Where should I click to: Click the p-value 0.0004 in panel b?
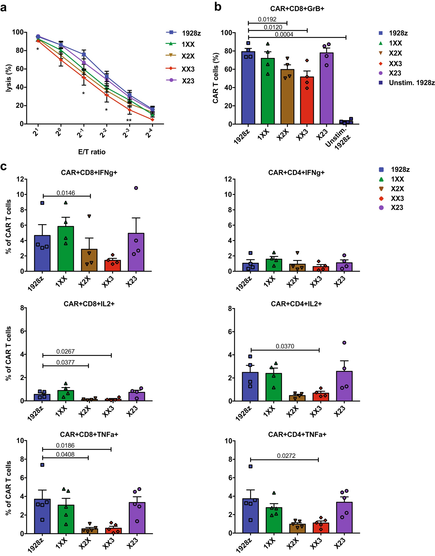click(x=284, y=34)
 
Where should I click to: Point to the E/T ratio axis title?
click(x=92, y=152)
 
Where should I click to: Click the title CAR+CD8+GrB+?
click(x=297, y=9)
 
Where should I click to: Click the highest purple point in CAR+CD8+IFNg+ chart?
click(x=136, y=188)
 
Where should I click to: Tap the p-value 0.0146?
click(x=66, y=193)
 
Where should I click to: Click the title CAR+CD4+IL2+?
click(x=296, y=304)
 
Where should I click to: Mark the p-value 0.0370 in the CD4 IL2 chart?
click(x=285, y=346)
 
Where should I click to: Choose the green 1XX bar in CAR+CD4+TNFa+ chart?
click(x=274, y=520)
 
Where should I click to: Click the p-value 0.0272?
click(x=286, y=455)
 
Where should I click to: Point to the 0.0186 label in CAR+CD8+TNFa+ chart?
click(x=65, y=445)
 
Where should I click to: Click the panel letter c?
click(x=4, y=167)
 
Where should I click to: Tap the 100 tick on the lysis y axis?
click(x=18, y=32)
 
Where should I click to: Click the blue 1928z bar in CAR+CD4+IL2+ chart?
click(x=250, y=386)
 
